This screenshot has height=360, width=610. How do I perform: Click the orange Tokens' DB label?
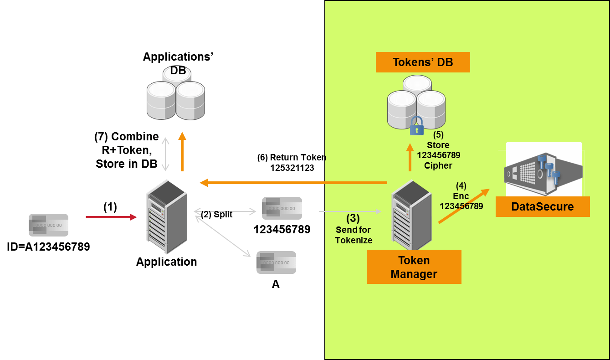[423, 62]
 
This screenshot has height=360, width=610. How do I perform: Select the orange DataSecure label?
[542, 206]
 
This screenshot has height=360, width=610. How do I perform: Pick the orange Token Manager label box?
[414, 267]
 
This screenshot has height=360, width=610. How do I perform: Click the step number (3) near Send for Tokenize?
[353, 218]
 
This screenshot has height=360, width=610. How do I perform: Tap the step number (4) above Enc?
[461, 186]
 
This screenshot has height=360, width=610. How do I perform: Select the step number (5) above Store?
[438, 135]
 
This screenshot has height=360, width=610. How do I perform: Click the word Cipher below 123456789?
[438, 165]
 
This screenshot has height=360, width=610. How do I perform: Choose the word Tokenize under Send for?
[354, 240]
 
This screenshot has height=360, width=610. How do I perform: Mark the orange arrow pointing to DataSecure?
[464, 206]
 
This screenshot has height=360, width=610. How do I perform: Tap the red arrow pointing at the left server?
[111, 217]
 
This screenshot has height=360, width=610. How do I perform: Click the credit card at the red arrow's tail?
[48, 225]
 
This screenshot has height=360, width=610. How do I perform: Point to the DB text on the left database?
[178, 71]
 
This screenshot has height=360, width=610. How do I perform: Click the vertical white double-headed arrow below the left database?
[165, 154]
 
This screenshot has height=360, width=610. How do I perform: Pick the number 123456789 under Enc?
[461, 206]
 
